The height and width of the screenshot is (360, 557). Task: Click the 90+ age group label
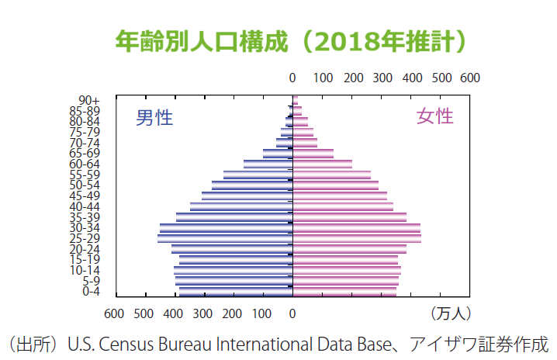[x=89, y=100]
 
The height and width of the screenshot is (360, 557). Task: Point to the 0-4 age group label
[x=91, y=292]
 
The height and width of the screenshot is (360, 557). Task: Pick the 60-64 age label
[x=85, y=164]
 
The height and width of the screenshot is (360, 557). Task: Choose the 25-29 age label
[x=85, y=238]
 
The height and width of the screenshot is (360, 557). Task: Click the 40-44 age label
[x=85, y=206]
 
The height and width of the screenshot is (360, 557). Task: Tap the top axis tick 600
[x=469, y=78]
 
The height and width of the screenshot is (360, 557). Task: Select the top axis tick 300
[x=382, y=78]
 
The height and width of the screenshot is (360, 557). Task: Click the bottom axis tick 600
[x=114, y=314]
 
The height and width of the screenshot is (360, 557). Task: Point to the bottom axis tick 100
[x=262, y=314]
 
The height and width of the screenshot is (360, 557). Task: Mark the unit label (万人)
[x=450, y=314]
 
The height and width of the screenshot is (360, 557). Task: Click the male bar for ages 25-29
[x=225, y=238]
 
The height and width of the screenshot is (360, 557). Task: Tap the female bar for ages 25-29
[x=357, y=238]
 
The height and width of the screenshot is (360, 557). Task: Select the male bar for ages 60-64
[x=268, y=164]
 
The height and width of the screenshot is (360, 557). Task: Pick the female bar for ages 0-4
[x=344, y=292]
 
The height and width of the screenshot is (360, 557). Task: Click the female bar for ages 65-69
[x=313, y=153]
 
